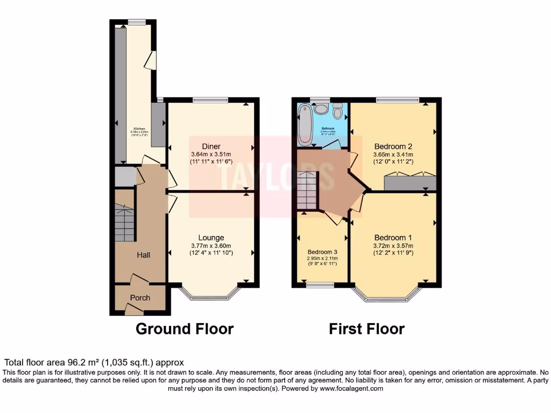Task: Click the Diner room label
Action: pos(211,146)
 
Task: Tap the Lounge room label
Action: pos(211,238)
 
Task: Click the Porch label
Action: pos(140,297)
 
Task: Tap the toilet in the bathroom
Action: pos(338,111)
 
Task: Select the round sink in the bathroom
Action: pos(321,109)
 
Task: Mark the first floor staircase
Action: pos(308,192)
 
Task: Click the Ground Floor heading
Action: pos(184,329)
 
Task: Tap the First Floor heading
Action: pos(366,329)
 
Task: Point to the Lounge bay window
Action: pos(210,294)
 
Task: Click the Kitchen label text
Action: pos(139,129)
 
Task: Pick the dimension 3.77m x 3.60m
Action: pos(211,246)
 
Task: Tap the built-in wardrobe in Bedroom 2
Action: pos(410,183)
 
